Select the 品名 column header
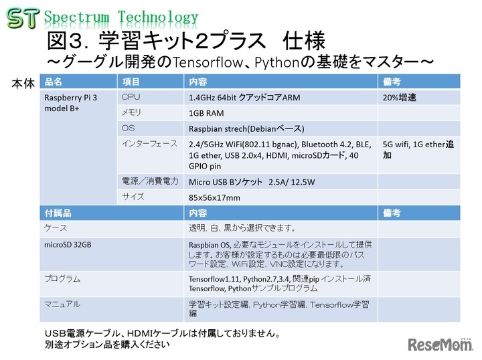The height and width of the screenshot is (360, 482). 53,82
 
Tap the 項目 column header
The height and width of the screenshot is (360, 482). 131,82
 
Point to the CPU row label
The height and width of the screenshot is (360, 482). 131,98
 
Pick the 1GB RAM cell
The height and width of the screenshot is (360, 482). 208,114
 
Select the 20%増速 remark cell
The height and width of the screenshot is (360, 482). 400,98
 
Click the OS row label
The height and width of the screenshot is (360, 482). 129,128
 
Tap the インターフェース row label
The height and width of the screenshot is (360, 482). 149,144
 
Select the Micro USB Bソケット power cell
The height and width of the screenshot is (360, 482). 255,181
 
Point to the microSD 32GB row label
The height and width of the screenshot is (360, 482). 68,244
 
